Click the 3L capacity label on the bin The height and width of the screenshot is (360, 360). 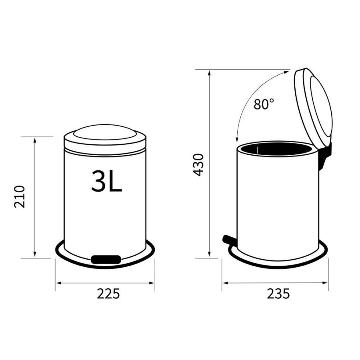pyautogui.click(x=106, y=181)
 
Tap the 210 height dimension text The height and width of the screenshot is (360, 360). pyautogui.click(x=20, y=196)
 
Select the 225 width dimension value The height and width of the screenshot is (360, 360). pyautogui.click(x=108, y=294)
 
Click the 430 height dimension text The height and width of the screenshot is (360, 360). pyautogui.click(x=198, y=164)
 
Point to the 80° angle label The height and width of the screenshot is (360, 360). pyautogui.click(x=264, y=104)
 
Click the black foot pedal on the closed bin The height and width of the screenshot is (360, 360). pyautogui.click(x=106, y=259)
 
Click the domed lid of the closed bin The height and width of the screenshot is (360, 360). pyautogui.click(x=105, y=136)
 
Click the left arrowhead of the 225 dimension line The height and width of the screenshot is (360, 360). pyautogui.click(x=58, y=283)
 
